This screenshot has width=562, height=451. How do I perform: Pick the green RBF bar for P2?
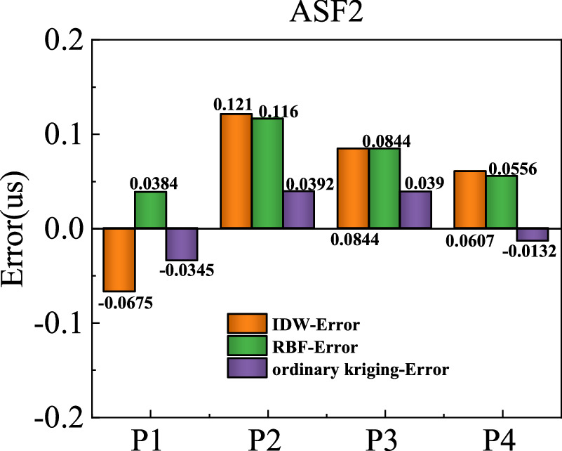coord(268,173)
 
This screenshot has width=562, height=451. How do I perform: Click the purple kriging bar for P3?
coord(415,209)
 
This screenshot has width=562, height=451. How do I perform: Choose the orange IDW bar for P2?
coord(236,171)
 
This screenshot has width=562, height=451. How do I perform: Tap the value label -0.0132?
coord(532,251)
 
